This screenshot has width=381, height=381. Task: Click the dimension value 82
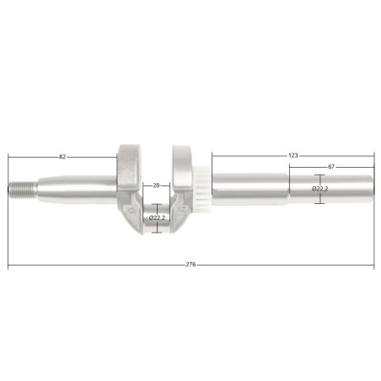click(x=62, y=157)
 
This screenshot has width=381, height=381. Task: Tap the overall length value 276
click(x=190, y=265)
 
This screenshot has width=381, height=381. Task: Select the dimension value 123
click(x=293, y=155)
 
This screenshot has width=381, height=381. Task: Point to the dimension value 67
click(x=331, y=167)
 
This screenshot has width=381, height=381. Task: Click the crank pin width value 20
click(x=156, y=185)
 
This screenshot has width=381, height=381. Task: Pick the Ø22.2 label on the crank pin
click(x=157, y=217)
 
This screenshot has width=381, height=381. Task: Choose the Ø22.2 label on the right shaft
click(x=319, y=189)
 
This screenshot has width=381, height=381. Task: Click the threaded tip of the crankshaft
click(x=23, y=190)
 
